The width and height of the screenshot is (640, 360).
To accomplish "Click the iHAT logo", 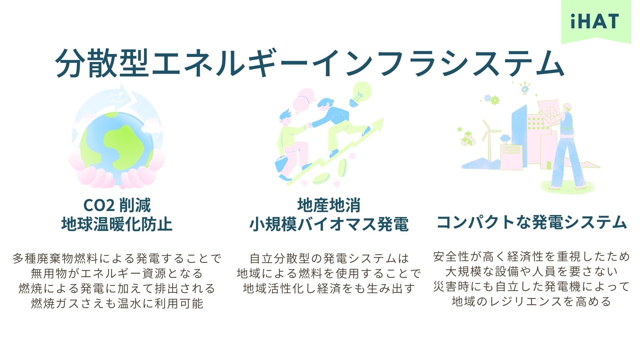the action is tap(595, 21).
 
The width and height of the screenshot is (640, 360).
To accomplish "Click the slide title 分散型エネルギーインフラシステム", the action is tap(310, 63).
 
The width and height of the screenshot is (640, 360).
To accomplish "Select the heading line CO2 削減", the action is tap(117, 205).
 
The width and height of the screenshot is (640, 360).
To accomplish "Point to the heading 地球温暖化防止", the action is tap(117, 224).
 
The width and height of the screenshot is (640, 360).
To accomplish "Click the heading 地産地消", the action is tap(329, 205).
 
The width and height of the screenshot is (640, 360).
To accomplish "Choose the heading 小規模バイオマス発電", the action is tap(329, 224).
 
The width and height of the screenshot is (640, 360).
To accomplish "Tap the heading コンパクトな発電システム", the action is tap(532, 222).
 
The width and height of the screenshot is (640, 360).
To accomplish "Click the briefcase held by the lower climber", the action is tap(282, 164).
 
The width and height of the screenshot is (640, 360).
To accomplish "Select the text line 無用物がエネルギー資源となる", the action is tap(117, 273).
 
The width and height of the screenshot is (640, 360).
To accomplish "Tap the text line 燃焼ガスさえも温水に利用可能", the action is tap(117, 303).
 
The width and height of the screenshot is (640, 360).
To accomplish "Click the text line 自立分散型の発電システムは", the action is tap(329, 258).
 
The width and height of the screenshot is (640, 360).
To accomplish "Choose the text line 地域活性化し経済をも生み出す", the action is tap(329, 288).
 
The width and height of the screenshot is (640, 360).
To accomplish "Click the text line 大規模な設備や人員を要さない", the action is tap(532, 272).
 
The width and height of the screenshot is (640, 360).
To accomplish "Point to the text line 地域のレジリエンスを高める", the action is tap(532, 302).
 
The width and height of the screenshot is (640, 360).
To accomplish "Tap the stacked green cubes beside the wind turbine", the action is tap(468, 138).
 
